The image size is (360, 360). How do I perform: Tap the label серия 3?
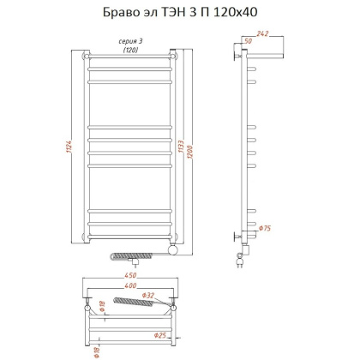tap(129, 42)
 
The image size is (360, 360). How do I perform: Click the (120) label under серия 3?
tap(129, 50)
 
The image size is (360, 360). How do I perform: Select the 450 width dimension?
tap(129, 277)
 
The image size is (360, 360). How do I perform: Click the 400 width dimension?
tap(129, 286)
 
